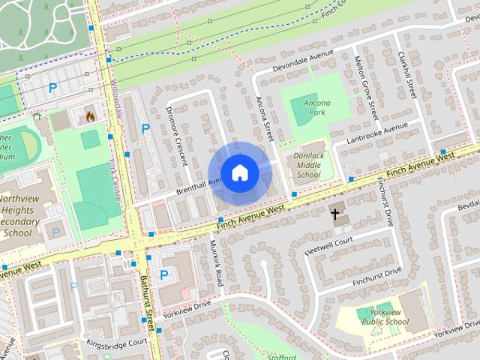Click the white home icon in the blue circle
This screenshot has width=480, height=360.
(239, 173)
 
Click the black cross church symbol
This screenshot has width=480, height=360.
(336, 215)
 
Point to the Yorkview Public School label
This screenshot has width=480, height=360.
(385, 316)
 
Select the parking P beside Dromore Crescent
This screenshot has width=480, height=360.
(145, 128)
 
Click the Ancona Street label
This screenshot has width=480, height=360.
(264, 118)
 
